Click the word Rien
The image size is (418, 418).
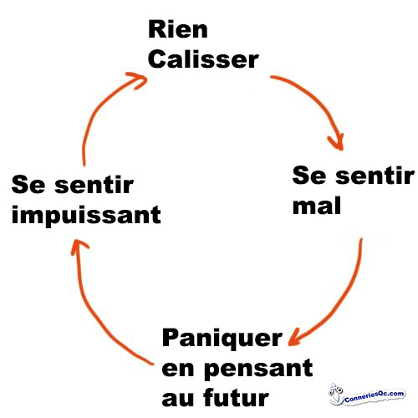click(178, 29)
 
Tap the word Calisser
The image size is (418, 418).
click(203, 59)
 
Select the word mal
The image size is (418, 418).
click(317, 206)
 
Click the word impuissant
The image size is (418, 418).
click(86, 215)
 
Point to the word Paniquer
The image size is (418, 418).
click(222, 339)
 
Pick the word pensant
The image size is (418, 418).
click(258, 369)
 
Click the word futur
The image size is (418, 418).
click(236, 398)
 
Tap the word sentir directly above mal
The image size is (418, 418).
click(375, 176)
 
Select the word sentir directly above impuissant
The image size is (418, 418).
click(94, 185)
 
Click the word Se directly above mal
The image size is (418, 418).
click(309, 176)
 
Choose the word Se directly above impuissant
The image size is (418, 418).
click(28, 185)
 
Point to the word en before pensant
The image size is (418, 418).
click(178, 370)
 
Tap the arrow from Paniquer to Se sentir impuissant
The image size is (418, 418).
click(91, 308)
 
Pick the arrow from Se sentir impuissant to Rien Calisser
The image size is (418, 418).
click(98, 110)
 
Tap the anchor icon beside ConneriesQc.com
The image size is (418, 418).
click(335, 394)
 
